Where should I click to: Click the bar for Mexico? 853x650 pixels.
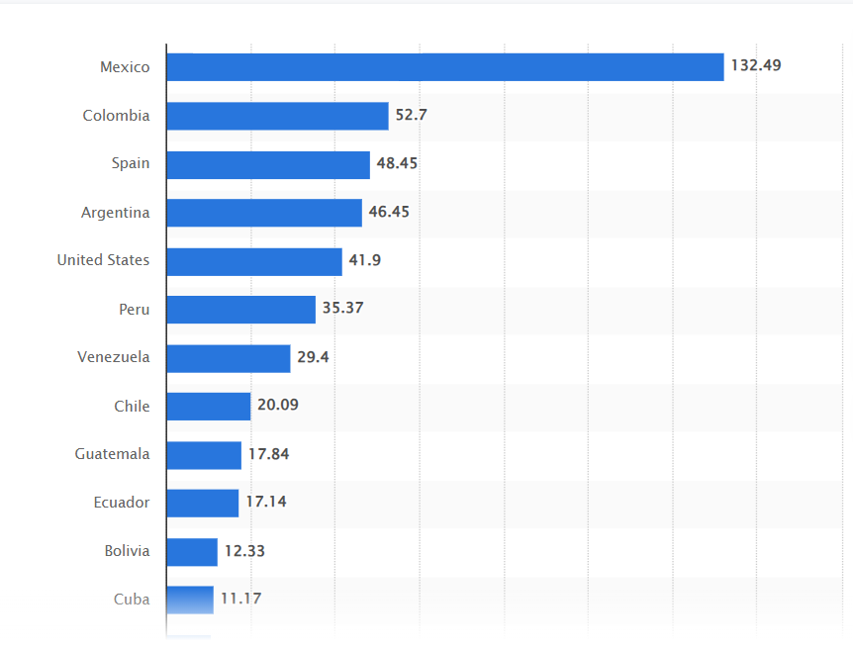[444, 67]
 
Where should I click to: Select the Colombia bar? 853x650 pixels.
[277, 116]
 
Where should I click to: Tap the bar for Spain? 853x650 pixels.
[267, 164]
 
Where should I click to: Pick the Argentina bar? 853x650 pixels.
[263, 213]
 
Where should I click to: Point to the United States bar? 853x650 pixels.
[253, 261]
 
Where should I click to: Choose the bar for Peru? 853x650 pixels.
[240, 310]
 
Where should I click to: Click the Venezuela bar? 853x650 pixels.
[228, 358]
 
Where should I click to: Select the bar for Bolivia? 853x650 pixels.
[191, 552]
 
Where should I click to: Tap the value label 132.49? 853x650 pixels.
[756, 66]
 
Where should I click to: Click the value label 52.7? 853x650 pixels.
[411, 115]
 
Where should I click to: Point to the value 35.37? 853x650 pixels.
[342, 309]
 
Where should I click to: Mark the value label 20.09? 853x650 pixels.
[277, 406]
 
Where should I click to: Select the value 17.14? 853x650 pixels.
[265, 503]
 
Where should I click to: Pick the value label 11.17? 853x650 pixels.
[240, 599]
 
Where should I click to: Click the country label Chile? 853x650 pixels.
[132, 407]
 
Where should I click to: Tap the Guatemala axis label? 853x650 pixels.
[112, 454]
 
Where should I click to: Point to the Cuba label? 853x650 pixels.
[132, 600]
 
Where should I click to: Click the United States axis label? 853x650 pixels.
[103, 260]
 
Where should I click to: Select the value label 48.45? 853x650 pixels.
[397, 163]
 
